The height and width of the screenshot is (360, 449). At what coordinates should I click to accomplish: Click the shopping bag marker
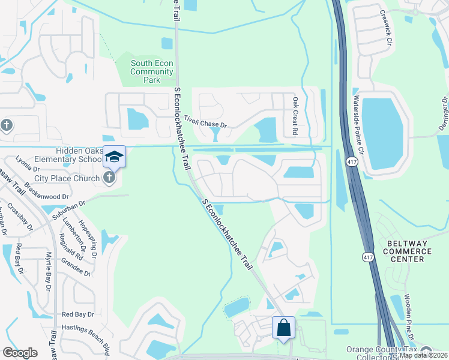(x=283, y=328)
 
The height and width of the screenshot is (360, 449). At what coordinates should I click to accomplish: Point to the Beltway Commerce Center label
(x=412, y=251)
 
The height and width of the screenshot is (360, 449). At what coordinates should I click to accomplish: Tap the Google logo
(x=20, y=353)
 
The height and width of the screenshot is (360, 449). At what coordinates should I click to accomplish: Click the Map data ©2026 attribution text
(x=423, y=355)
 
